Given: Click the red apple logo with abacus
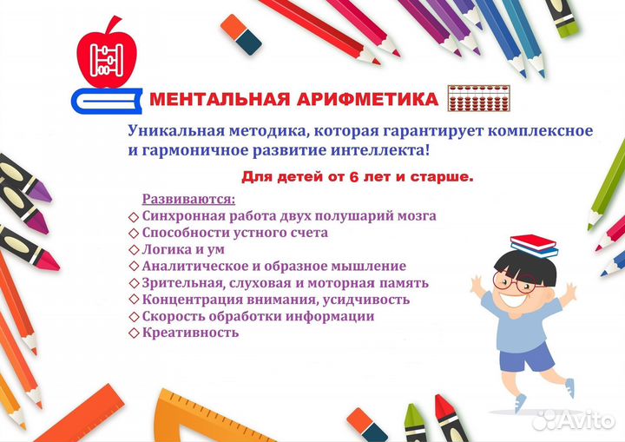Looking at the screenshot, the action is coord(107,55).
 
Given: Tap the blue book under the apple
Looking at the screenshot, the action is coord(107,101).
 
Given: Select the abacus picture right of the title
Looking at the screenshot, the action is coord(478,98).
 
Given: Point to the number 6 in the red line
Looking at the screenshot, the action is coord(354,177).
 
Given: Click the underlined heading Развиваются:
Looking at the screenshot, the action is coord(189,199).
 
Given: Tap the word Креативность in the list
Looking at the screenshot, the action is coord(190,332).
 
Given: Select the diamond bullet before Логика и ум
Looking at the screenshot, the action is coord(134,250).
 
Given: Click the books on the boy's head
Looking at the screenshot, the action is coord(534,246).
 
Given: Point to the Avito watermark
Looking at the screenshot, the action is coord(574,419).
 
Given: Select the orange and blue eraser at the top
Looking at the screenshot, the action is coord(240,35).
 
